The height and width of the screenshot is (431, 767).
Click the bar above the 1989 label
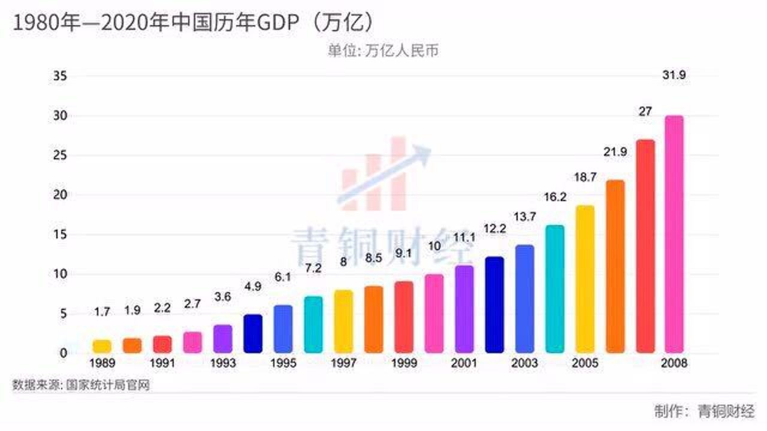tap(102, 346)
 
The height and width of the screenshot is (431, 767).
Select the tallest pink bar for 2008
tap(674, 234)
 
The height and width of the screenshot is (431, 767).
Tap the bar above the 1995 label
tap(283, 329)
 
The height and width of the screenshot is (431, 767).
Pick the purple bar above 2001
tap(464, 309)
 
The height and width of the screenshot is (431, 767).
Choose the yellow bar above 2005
tap(585, 279)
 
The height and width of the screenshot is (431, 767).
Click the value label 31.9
tap(674, 75)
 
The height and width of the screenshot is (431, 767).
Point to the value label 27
tap(645, 111)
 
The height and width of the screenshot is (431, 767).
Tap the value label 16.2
tap(555, 197)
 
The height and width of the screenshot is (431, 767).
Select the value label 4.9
tap(253, 286)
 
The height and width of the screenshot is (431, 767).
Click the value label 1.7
tap(102, 312)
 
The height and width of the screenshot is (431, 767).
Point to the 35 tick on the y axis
tap(60, 76)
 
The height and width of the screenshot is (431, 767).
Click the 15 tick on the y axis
tap(60, 235)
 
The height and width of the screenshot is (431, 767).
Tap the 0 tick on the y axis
tap(64, 353)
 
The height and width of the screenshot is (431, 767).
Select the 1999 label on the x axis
tap(404, 363)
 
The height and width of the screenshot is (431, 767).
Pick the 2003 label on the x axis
tap(524, 363)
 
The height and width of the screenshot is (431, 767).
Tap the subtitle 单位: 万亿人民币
tap(383, 51)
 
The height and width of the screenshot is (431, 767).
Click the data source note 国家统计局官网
tap(108, 385)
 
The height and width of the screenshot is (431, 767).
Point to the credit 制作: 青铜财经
tap(705, 411)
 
